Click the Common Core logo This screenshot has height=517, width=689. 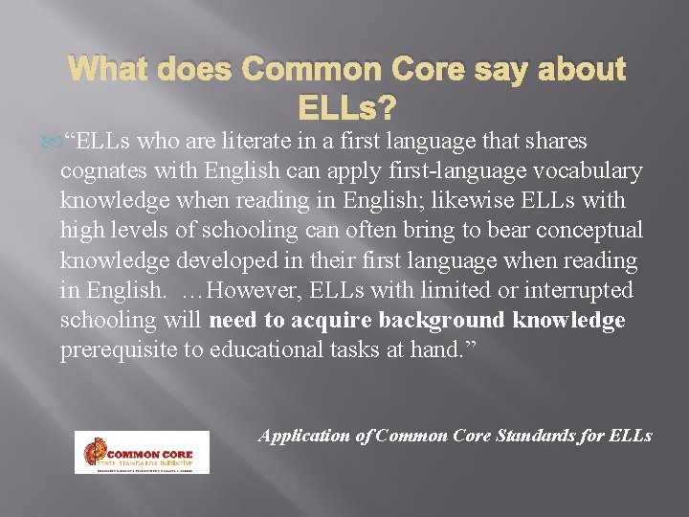coord(142,452)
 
